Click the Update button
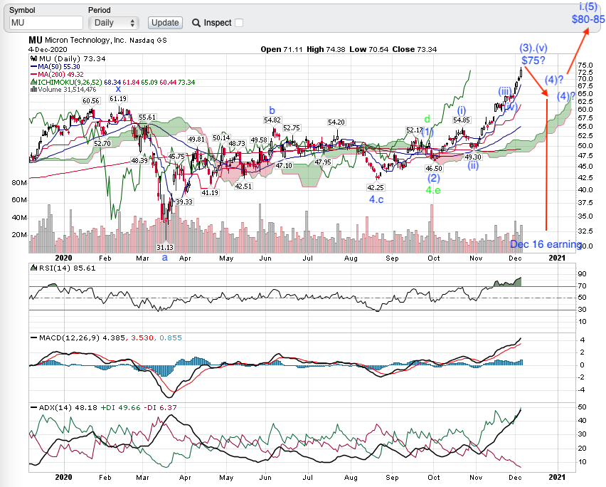pos(165,23)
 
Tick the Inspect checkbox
pos(239,23)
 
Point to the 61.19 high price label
pos(118,98)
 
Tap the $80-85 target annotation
pos(588,19)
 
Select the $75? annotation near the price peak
pos(533,61)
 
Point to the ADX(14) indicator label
pos(53,407)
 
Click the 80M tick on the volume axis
pos(18,183)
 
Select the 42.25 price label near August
pos(375,187)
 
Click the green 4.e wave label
pos(433,191)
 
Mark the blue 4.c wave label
pos(377,200)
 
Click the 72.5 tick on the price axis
pos(586,72)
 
